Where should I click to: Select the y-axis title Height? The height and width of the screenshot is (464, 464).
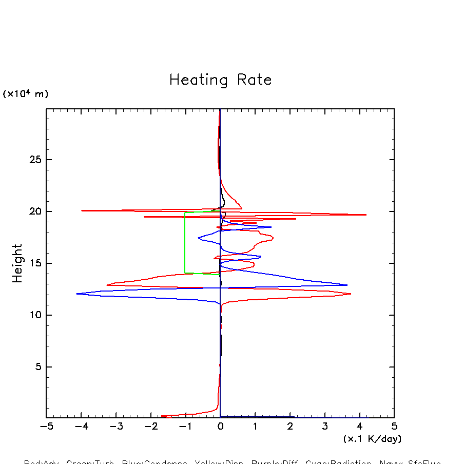click(x=17, y=263)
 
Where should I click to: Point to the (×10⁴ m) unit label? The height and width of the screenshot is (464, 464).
click(x=26, y=94)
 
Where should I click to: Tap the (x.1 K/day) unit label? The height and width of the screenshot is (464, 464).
click(x=372, y=439)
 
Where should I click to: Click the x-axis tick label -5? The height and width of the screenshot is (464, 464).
click(x=46, y=427)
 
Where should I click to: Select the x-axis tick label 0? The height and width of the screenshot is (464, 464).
click(x=220, y=427)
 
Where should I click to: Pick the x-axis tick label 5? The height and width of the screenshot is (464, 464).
click(x=394, y=427)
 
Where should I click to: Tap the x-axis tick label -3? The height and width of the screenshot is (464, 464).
click(x=115, y=427)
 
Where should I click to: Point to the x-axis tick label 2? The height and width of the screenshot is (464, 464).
click(x=290, y=427)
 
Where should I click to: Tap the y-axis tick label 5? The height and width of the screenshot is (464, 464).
click(x=36, y=367)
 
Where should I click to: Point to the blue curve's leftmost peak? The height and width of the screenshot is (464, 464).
click(x=76, y=294)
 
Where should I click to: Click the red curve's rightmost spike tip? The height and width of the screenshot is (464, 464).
click(x=366, y=215)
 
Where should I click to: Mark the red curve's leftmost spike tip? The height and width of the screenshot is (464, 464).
click(x=82, y=210)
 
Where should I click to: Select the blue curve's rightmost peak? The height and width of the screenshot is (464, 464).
click(x=347, y=285)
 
